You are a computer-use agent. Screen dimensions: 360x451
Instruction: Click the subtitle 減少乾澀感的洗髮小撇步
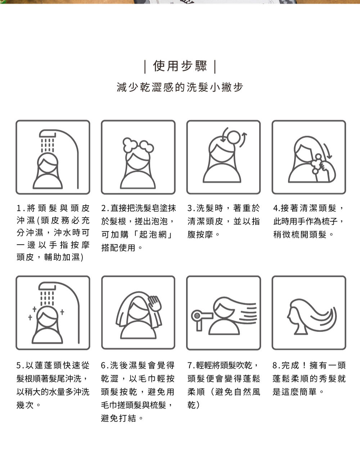180,87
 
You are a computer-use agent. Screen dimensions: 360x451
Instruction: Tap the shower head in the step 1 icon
48,134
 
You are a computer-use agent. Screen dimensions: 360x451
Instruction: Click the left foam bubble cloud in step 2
130,144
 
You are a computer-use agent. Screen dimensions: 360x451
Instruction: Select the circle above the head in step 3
233,137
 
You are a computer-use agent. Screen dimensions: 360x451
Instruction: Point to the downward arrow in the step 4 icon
328,151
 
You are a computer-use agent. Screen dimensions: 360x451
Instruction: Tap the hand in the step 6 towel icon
155,303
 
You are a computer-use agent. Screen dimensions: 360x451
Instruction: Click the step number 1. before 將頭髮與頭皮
21,208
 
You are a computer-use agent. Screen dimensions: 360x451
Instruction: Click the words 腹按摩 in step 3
200,234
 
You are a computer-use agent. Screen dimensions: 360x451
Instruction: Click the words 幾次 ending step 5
25,405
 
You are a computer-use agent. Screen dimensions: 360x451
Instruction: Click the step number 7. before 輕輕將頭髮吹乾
191,365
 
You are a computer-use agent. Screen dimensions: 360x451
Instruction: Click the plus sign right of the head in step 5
62,312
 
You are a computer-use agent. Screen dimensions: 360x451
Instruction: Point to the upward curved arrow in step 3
243,139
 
